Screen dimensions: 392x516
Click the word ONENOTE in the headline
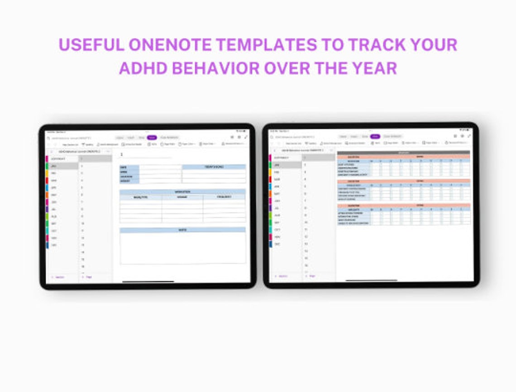(170, 44)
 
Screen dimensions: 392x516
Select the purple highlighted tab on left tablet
(152, 137)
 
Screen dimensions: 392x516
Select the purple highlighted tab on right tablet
(375, 136)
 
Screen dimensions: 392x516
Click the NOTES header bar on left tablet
(183, 230)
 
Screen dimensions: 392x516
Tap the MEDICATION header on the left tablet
(183, 192)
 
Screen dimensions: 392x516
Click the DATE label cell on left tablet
(129, 167)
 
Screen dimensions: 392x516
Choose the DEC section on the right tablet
(278, 244)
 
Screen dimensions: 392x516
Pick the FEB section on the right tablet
(277, 172)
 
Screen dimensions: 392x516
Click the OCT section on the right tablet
(277, 229)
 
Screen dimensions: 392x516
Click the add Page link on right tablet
(311, 276)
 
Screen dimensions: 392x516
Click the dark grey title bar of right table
(403, 153)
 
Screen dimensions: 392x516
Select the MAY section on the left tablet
(54, 195)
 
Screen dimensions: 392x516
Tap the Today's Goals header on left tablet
(214, 167)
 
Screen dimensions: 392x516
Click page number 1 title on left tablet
(121, 155)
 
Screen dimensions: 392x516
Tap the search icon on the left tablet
(48, 138)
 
